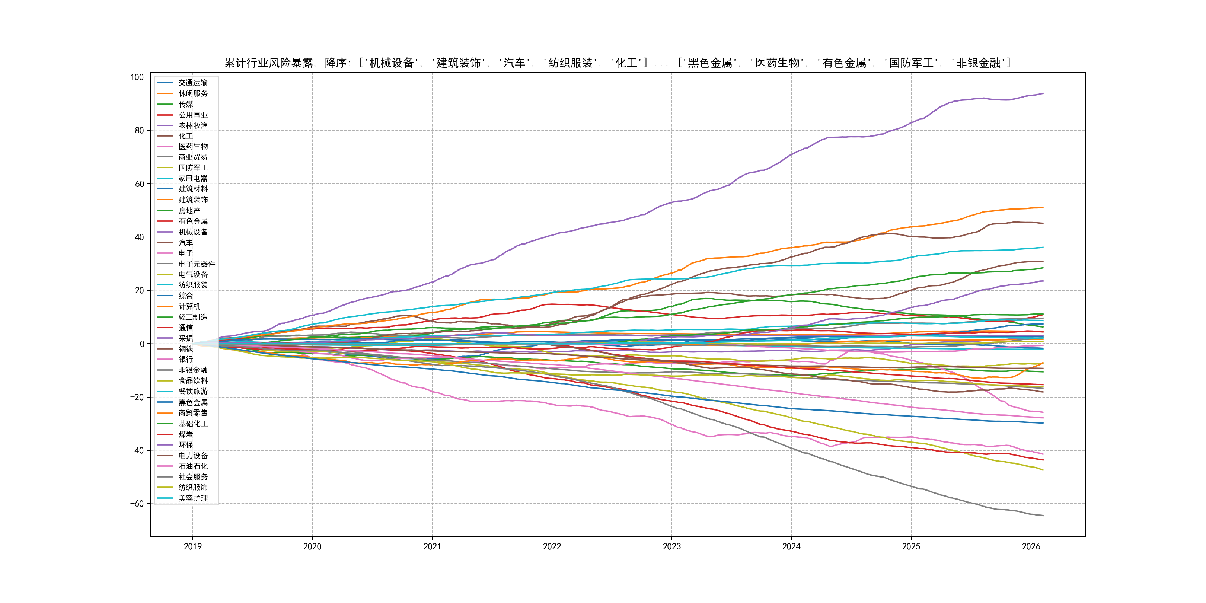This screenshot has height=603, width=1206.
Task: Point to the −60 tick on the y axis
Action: coord(137,504)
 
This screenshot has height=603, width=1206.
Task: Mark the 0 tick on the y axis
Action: coord(142,344)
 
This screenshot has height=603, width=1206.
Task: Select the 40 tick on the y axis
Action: coord(139,237)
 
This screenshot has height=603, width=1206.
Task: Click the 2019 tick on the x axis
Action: coord(192,546)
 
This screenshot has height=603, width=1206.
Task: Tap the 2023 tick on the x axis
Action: coord(671,546)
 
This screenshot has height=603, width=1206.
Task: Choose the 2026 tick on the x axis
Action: coord(1030,546)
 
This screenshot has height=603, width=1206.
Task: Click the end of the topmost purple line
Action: coord(1043,94)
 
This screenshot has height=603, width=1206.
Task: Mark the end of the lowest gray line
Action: coord(1043,516)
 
